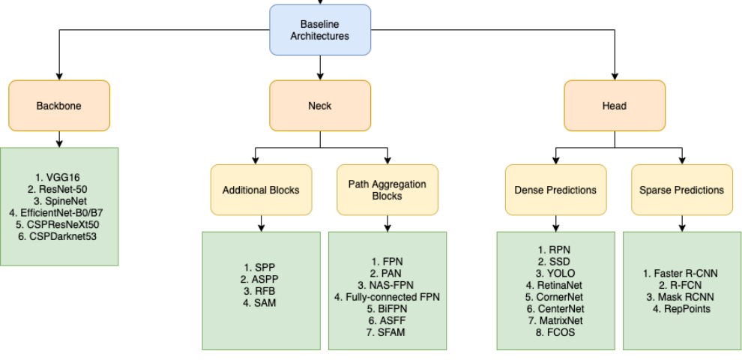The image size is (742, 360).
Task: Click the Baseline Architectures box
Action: pyautogui.click(x=320, y=30)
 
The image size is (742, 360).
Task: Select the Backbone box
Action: pyautogui.click(x=59, y=106)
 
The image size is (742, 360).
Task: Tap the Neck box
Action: pyautogui.click(x=320, y=106)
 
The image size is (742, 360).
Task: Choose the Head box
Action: pyautogui.click(x=614, y=106)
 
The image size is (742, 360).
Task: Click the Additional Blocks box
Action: pyautogui.click(x=261, y=190)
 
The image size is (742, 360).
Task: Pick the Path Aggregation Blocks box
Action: pyautogui.click(x=387, y=190)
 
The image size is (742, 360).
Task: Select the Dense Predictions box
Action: pyautogui.click(x=555, y=190)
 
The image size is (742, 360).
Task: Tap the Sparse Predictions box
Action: pyautogui.click(x=681, y=190)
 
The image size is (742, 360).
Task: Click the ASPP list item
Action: pyautogui.click(x=261, y=278)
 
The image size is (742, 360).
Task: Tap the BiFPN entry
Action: pyautogui.click(x=387, y=308)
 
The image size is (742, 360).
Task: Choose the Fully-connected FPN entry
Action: pyautogui.click(x=387, y=297)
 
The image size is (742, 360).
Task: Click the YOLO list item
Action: pyautogui.click(x=555, y=273)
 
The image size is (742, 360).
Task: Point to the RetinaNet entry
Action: pyautogui.click(x=555, y=285)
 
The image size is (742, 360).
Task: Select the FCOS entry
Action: pyautogui.click(x=555, y=332)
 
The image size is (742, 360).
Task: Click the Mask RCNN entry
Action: pyautogui.click(x=681, y=297)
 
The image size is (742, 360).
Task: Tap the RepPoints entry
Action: pyautogui.click(x=681, y=308)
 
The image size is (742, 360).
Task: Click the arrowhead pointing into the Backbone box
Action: pyautogui.click(x=59, y=76)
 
